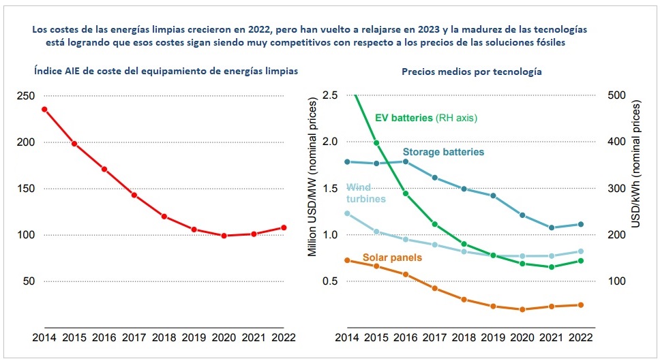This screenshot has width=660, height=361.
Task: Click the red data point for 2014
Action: [44, 109]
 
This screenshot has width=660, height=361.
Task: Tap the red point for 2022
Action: [283, 227]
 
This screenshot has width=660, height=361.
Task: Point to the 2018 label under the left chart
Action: [164, 336]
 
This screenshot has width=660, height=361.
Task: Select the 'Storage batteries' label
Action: [443, 152]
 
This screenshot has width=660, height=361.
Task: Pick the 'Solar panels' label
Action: [392, 257]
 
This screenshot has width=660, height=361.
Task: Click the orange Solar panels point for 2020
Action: [522, 309]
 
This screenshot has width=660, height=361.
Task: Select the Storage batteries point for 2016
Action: [405, 161]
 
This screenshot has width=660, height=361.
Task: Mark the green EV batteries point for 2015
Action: [376, 142]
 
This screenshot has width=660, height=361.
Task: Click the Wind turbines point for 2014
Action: [347, 213]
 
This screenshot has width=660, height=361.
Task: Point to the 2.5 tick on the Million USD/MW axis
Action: [331, 95]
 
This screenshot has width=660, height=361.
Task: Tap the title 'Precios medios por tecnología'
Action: [472, 72]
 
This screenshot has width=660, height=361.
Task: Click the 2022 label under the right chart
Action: [580, 336]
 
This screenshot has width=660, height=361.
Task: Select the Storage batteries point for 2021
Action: [552, 227]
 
